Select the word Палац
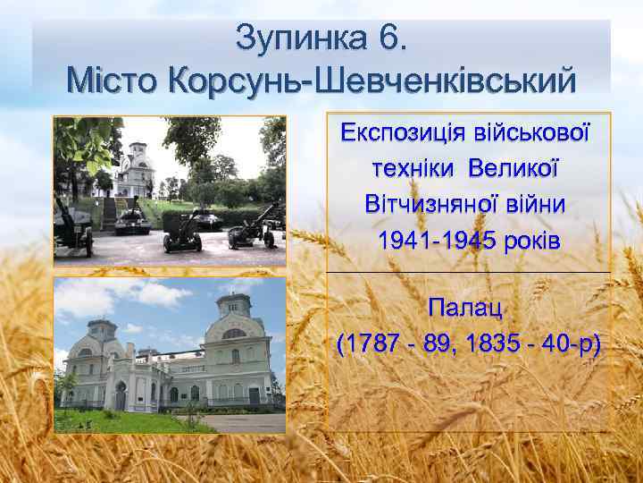tap(466, 309)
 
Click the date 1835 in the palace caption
tap(490, 344)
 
